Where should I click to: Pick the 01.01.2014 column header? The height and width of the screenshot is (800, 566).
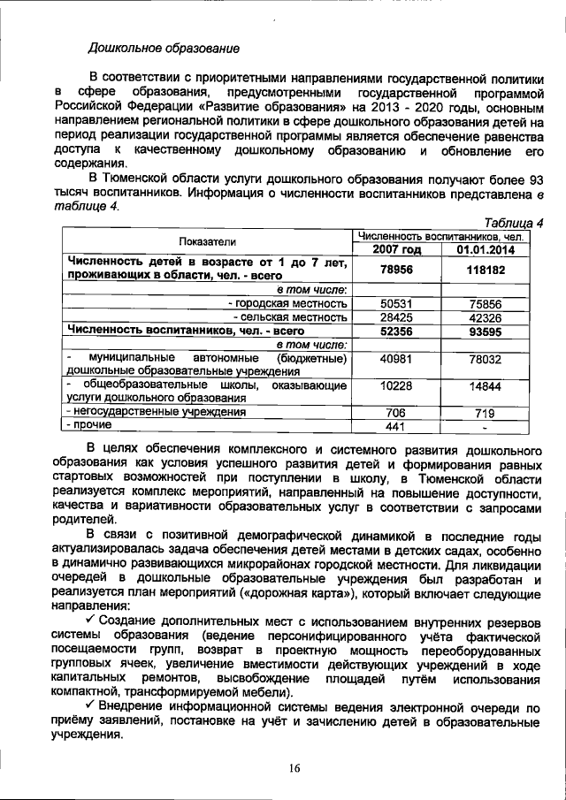486,249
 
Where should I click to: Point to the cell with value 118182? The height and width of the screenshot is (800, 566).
486,270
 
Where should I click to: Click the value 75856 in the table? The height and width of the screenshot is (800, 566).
486,302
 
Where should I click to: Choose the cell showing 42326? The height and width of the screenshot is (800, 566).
486,316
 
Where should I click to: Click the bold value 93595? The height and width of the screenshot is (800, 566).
486,331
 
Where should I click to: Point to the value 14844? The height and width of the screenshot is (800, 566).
486,386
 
